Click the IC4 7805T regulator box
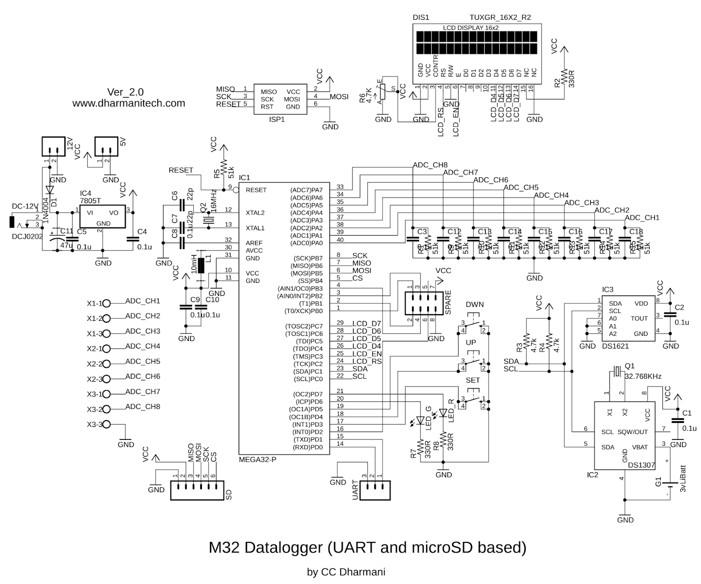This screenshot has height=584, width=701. pos(102,217)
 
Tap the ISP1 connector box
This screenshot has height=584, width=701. pos(280,99)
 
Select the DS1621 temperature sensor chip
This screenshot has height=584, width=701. pos(628,319)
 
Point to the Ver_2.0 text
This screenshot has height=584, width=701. pos(125,92)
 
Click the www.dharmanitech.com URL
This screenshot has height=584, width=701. pos(128,103)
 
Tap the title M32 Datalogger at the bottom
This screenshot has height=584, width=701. pos(367,548)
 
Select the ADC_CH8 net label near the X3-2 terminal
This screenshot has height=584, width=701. pos(142,407)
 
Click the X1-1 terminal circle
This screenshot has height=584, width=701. pos(106,303)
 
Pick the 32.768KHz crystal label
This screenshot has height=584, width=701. pos(643,376)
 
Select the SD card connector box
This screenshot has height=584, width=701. pos(197,490)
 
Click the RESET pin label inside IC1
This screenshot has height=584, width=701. pos(256,190)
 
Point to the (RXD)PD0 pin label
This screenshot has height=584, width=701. pos(308,447)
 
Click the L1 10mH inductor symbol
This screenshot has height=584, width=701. pos(201,265)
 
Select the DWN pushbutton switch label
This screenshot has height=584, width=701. pos(474,305)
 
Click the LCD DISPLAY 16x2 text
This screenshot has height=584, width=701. pos(471,28)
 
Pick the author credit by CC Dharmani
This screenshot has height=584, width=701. pos(346,572)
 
